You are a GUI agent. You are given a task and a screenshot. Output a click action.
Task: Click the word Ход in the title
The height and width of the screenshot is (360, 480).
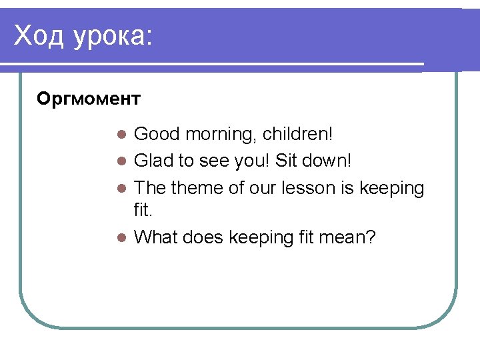(39, 36)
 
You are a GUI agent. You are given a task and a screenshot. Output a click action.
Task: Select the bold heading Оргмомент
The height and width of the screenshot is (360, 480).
(89, 99)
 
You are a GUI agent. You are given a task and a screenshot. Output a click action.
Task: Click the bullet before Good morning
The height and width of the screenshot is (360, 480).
(121, 135)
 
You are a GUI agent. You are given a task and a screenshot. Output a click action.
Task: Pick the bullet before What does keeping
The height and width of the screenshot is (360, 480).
(121, 237)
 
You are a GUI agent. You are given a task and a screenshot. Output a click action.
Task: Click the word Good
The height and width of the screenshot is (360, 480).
(157, 134)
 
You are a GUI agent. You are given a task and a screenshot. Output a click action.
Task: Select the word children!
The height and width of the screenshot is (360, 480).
(297, 134)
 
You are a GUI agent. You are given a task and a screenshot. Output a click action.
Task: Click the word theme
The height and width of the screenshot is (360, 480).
(197, 189)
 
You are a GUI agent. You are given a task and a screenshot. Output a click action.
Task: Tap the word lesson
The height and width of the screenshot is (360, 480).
(305, 189)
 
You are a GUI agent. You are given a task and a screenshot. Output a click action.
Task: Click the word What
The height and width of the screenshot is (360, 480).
(157, 237)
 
